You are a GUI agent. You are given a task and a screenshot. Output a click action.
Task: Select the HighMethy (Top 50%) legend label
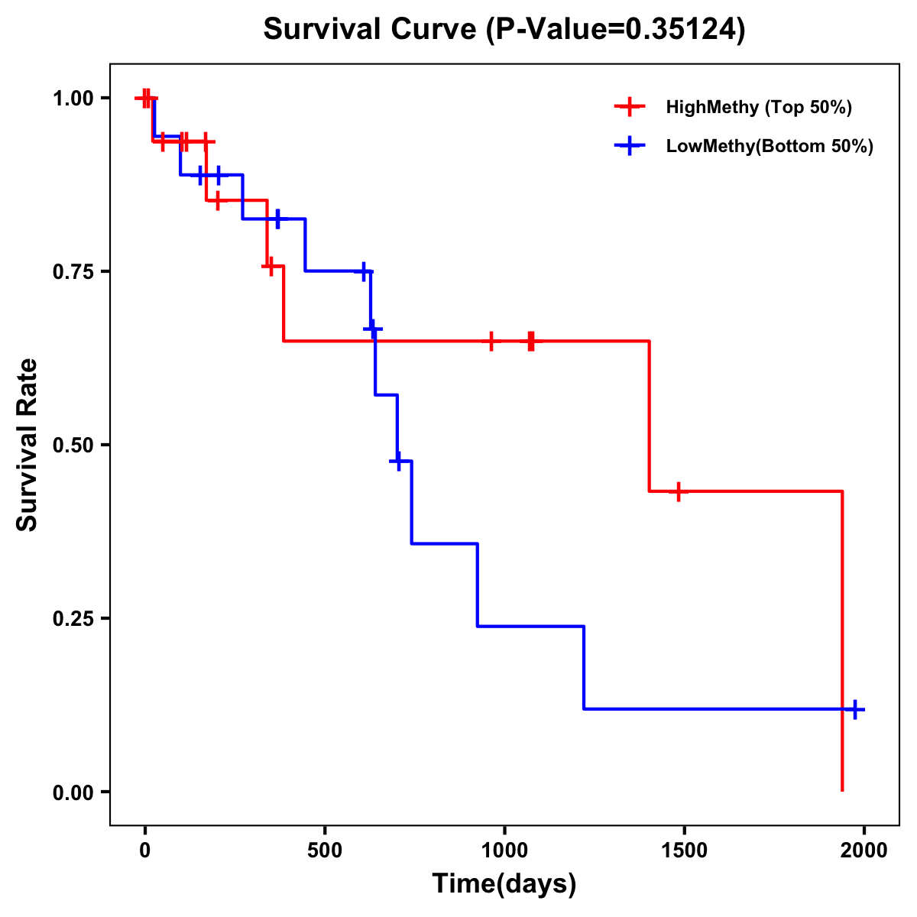[x=758, y=107]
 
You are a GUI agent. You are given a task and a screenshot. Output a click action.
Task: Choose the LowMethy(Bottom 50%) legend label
[x=769, y=147]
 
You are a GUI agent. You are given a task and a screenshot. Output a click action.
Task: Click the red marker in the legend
[x=628, y=107]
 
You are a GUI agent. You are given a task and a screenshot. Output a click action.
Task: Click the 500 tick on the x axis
[x=325, y=851]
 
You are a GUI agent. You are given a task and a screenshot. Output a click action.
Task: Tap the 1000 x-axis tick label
[x=504, y=851]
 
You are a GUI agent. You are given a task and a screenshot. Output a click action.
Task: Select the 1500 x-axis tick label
[x=684, y=851]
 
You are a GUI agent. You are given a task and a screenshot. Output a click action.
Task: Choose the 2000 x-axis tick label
[x=864, y=851]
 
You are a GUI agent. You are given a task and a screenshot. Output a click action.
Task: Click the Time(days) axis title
[x=504, y=884]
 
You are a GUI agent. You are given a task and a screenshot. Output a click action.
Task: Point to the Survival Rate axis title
[x=28, y=445]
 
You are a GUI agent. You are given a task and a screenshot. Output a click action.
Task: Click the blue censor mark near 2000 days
[x=855, y=709]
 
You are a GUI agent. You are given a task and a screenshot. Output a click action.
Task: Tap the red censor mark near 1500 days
[x=677, y=491]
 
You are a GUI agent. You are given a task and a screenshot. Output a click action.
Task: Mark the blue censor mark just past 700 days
[x=398, y=462]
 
